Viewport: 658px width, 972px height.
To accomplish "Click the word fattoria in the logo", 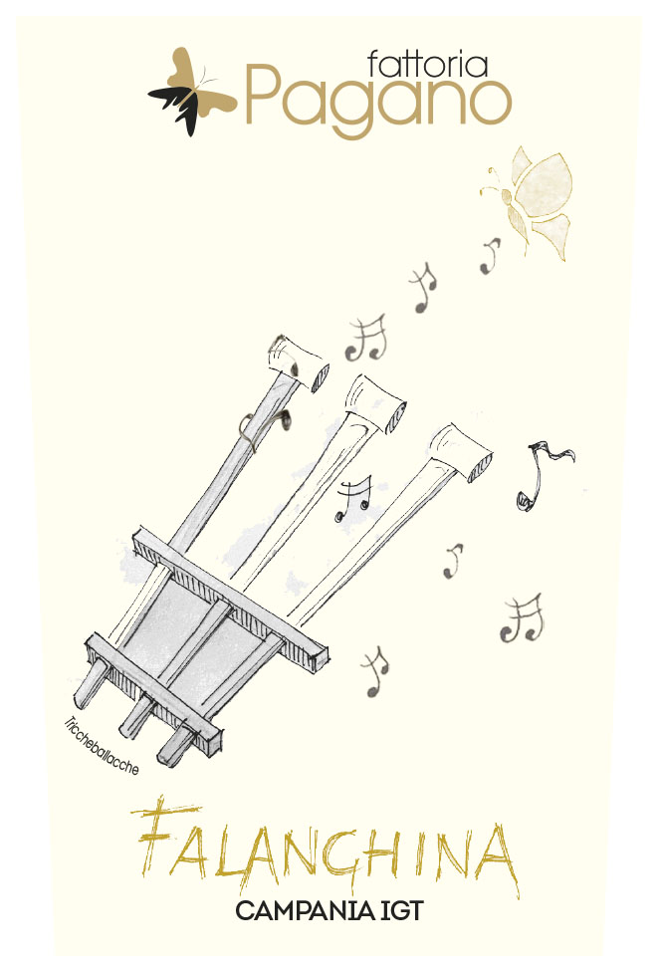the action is pos(427,64).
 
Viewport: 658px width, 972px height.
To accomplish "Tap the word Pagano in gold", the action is pos(378,101).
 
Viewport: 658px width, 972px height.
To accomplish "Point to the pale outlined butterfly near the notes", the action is pos(531,199).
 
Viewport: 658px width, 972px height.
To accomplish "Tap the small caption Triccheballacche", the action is pos(101,746).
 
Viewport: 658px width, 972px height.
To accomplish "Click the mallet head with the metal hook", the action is pos(298,364).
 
